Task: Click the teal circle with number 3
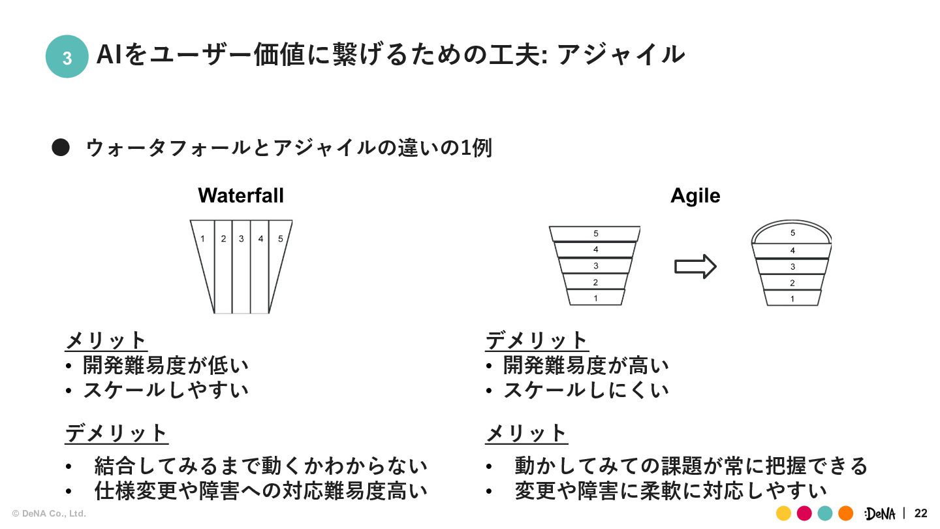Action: point(67,57)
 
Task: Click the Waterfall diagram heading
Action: point(241,195)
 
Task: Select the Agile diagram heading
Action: point(695,195)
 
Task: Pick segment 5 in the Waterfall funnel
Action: point(279,261)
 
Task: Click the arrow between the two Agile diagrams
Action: point(695,266)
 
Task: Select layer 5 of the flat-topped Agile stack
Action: point(595,233)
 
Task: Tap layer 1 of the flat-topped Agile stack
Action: point(595,298)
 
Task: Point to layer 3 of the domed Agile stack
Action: point(792,266)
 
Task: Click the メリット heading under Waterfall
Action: point(106,340)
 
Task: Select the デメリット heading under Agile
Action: point(537,340)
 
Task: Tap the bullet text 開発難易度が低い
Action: point(166,365)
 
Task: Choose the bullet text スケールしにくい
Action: point(586,390)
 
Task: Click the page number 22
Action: point(920,513)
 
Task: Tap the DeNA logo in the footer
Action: point(881,513)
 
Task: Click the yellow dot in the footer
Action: point(784,513)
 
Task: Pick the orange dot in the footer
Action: point(845,513)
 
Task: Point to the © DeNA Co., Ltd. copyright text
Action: point(49,514)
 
